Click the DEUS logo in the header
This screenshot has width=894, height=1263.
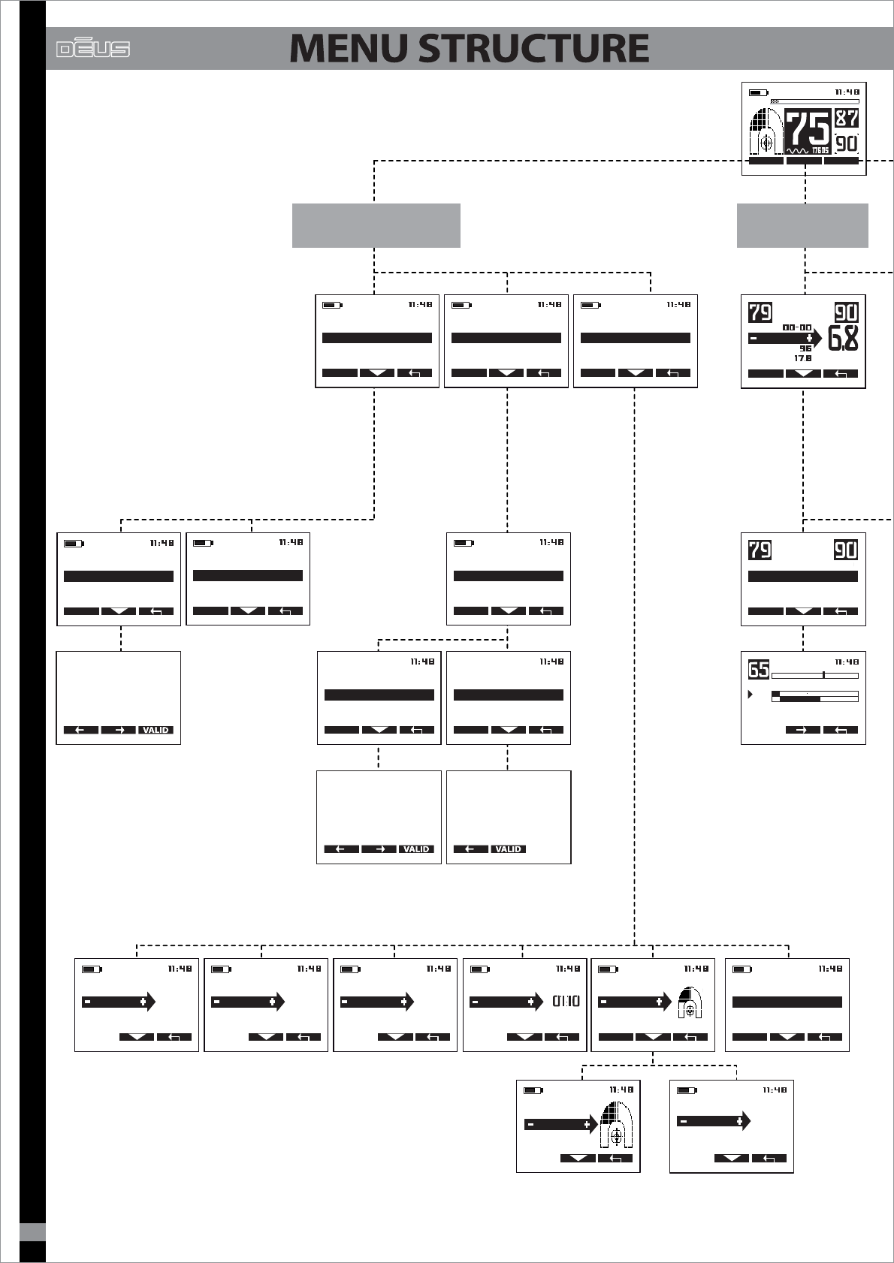(93, 49)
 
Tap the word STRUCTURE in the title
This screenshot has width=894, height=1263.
(533, 48)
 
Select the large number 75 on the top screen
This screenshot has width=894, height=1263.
(808, 129)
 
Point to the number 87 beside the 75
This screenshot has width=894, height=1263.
(847, 118)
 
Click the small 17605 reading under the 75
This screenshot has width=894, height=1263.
(820, 150)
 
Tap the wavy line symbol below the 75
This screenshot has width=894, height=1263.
(798, 150)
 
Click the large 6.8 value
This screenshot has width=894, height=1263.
(844, 339)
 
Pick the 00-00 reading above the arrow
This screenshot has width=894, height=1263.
(796, 327)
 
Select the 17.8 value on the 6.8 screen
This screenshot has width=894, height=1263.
(803, 359)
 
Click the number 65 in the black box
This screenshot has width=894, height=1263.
(759, 668)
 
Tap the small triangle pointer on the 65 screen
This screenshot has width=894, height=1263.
(750, 695)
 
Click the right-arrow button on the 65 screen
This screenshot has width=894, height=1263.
(802, 730)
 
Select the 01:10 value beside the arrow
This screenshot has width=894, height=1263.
(566, 1001)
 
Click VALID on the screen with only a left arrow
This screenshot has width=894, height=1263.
(509, 849)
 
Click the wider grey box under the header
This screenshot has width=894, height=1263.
(376, 225)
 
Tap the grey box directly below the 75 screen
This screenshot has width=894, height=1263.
(802, 225)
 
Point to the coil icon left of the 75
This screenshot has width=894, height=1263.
(766, 132)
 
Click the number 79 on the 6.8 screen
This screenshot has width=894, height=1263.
(760, 312)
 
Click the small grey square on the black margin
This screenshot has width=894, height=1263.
(32, 1232)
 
